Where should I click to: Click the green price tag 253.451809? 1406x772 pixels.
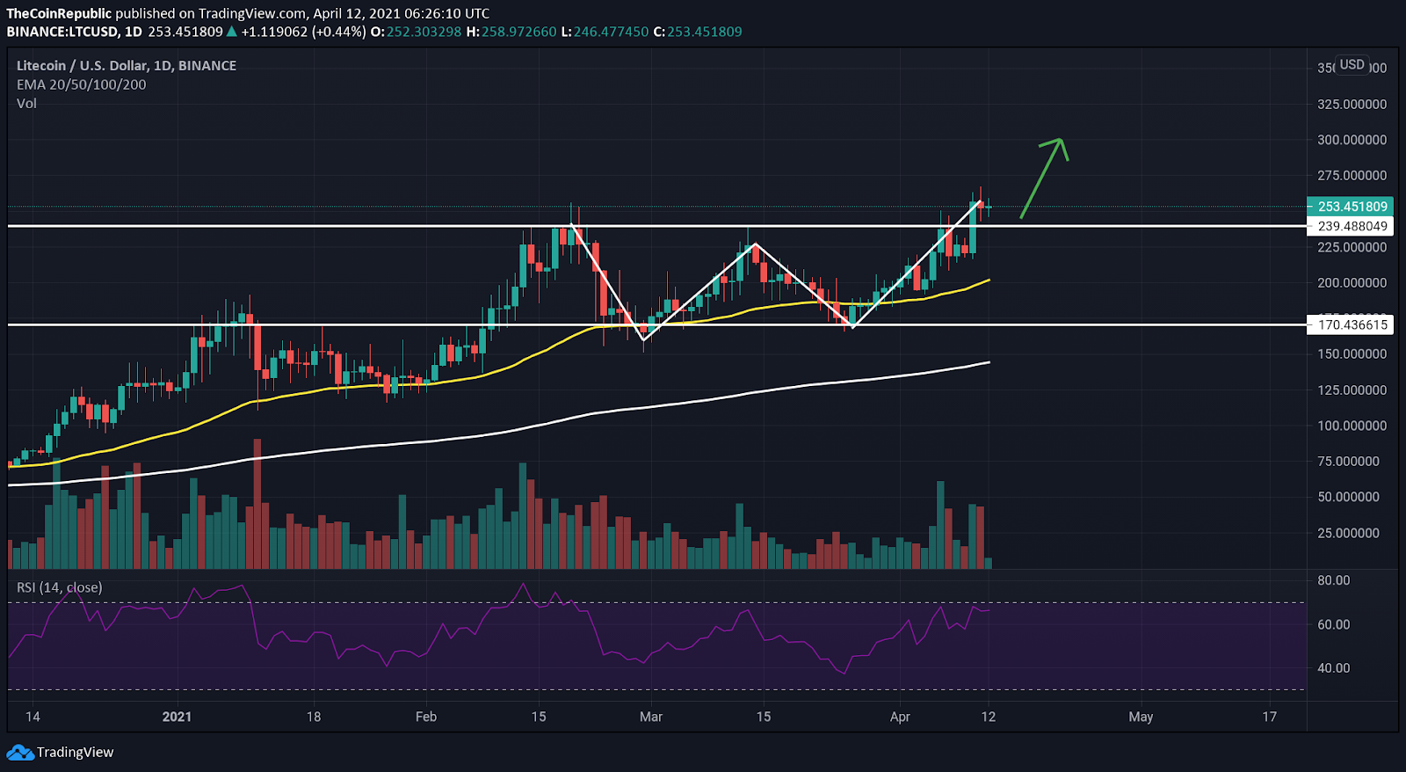(x=1352, y=207)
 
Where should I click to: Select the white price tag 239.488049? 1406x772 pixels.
(x=1352, y=226)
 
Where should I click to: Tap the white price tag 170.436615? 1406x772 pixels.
(x=1352, y=324)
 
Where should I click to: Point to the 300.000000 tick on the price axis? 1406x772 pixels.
(x=1352, y=140)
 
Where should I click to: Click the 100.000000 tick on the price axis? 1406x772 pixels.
(x=1352, y=426)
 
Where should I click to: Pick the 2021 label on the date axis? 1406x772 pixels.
(x=177, y=717)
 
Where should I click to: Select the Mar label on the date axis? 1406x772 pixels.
(x=651, y=717)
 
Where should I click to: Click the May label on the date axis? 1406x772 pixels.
(x=1141, y=717)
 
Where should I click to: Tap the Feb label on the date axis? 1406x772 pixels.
(x=426, y=717)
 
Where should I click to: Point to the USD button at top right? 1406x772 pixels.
(x=1352, y=65)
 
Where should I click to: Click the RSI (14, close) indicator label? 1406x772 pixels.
(x=60, y=587)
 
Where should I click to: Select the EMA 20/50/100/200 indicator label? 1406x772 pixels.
(x=82, y=84)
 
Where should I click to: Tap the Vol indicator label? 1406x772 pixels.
(x=27, y=103)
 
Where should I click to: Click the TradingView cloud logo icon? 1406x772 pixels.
(x=19, y=753)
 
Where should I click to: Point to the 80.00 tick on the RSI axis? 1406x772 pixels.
(x=1333, y=580)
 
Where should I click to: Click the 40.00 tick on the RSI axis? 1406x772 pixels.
(x=1333, y=668)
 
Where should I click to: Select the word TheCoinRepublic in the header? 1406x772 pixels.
(x=59, y=13)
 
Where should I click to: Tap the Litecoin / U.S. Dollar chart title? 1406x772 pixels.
(x=127, y=65)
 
